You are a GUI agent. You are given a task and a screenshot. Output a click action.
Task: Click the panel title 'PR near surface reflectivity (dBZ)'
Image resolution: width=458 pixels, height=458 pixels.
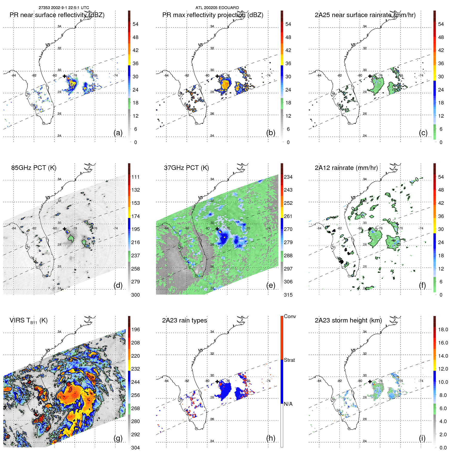(x=57, y=15)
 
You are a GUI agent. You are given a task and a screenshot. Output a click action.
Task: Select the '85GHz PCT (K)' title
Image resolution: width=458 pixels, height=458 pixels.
(x=34, y=168)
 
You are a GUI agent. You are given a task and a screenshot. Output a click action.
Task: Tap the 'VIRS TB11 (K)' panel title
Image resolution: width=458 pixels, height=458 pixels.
(x=28, y=321)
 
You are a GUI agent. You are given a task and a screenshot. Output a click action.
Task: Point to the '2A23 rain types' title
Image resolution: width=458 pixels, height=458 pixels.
(x=184, y=320)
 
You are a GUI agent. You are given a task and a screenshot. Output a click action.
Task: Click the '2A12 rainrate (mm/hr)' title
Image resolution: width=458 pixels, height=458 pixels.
(x=346, y=168)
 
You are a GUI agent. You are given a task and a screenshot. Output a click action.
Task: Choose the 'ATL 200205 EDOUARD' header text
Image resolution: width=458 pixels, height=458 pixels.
(x=217, y=8)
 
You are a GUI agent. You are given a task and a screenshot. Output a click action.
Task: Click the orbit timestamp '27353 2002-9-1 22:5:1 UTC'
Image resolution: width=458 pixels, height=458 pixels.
(x=64, y=8)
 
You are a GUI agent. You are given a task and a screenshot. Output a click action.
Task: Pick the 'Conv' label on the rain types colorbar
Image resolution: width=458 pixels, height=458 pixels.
(x=290, y=317)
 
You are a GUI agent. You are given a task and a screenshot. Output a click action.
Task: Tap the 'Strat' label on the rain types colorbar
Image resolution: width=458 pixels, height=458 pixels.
(x=289, y=360)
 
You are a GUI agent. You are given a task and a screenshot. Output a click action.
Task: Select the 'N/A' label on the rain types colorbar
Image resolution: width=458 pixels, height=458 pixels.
(x=288, y=404)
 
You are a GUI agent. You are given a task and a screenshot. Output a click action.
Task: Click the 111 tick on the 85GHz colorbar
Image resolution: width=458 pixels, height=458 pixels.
(x=136, y=177)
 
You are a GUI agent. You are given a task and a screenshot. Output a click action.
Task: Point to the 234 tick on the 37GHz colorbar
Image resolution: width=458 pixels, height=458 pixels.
(x=288, y=177)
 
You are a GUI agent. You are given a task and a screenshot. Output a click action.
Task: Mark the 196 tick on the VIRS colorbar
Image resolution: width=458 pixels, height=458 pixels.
(x=136, y=330)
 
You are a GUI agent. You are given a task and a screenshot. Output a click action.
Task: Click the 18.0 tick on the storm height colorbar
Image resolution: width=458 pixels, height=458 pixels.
(x=443, y=330)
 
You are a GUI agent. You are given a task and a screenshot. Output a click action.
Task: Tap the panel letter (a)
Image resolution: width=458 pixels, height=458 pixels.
(x=118, y=133)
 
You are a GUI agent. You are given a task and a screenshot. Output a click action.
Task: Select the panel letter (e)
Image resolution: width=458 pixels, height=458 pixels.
(x=271, y=286)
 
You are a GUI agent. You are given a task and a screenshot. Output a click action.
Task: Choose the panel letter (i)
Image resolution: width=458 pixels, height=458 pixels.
(x=422, y=438)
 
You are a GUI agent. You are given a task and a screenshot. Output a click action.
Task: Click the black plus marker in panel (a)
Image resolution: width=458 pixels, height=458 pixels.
(x=64, y=76)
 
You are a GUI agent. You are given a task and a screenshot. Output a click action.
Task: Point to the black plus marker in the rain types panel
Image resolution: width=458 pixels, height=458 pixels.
(x=217, y=381)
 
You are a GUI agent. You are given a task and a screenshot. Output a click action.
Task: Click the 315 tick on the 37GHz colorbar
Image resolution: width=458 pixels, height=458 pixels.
(x=288, y=295)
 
